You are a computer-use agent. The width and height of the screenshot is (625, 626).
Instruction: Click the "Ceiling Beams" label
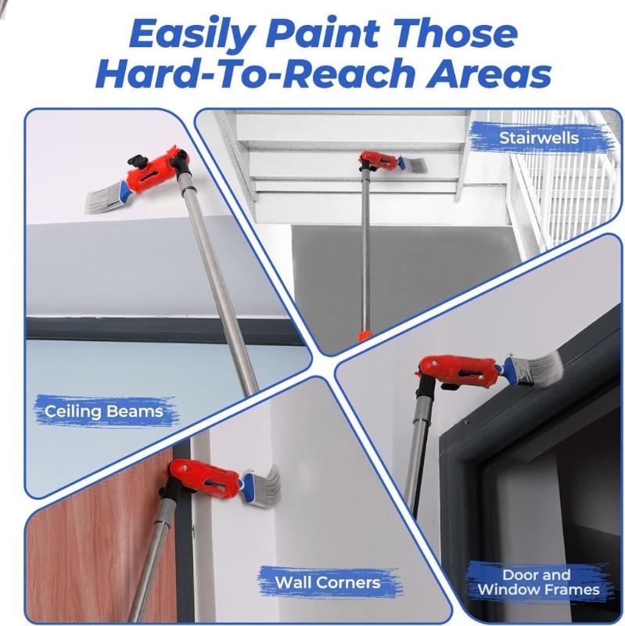[x=103, y=410]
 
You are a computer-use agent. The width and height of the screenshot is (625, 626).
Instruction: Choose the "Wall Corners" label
[x=327, y=582]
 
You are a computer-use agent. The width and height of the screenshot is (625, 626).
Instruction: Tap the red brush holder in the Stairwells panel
[x=375, y=161]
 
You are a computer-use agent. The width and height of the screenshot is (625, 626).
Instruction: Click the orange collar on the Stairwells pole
[x=363, y=334]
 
